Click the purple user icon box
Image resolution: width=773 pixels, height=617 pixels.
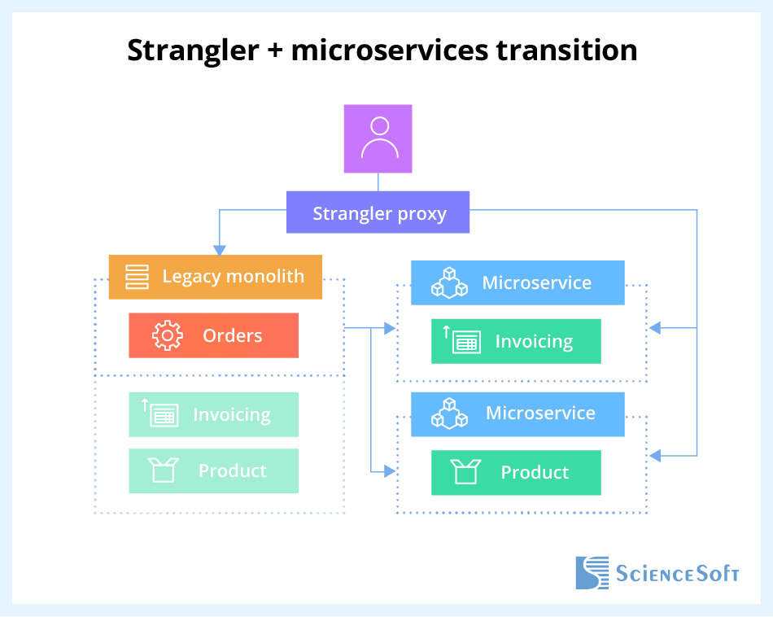pyautogui.click(x=378, y=138)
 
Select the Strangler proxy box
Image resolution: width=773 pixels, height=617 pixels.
pyautogui.click(x=378, y=212)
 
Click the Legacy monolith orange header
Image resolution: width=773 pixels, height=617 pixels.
pyautogui.click(x=216, y=277)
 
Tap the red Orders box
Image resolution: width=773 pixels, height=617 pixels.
pyautogui.click(x=213, y=335)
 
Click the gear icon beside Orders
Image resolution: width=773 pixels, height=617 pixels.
pyautogui.click(x=167, y=335)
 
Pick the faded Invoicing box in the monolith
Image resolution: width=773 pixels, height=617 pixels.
pyautogui.click(x=213, y=414)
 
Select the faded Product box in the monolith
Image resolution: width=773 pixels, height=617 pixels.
pyautogui.click(x=213, y=470)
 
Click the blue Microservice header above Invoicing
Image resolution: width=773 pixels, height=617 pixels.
pyautogui.click(x=518, y=282)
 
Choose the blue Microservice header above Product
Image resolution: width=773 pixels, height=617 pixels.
pyautogui.click(x=518, y=414)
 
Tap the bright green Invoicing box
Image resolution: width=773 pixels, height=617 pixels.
pyautogui.click(x=516, y=341)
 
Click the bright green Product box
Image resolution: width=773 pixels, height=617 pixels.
pyautogui.click(x=516, y=472)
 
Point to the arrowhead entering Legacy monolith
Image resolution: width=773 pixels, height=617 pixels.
pyautogui.click(x=218, y=250)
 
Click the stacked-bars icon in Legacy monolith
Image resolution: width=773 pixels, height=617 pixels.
pyautogui.click(x=137, y=277)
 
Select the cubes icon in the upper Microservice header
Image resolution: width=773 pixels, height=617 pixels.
pyautogui.click(x=449, y=282)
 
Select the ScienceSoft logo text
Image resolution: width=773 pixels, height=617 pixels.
pyautogui.click(x=677, y=573)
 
